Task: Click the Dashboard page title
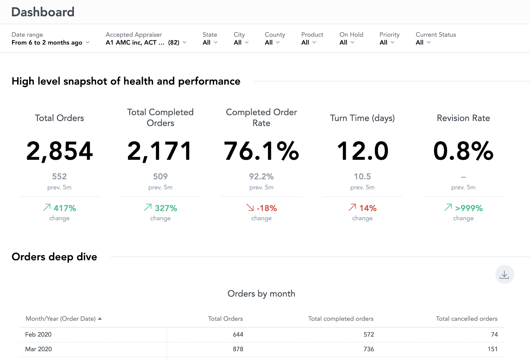pyautogui.click(x=43, y=12)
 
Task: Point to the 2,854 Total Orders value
pyautogui.click(x=60, y=151)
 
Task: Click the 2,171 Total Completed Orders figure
pyautogui.click(x=160, y=151)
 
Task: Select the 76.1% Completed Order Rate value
pyautogui.click(x=261, y=151)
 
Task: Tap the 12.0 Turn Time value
pyautogui.click(x=362, y=151)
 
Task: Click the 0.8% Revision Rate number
pyautogui.click(x=463, y=151)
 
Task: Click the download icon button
pyautogui.click(x=504, y=274)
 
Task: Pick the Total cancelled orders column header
pyautogui.click(x=466, y=319)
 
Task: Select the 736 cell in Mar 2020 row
pyautogui.click(x=368, y=349)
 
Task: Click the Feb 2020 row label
pyautogui.click(x=38, y=334)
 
